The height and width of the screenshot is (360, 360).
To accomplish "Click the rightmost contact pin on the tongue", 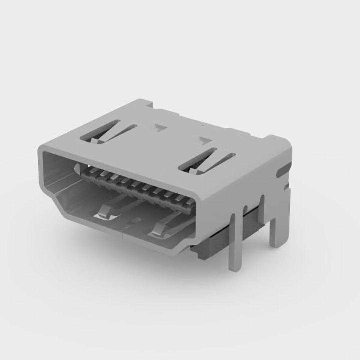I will point(189,202).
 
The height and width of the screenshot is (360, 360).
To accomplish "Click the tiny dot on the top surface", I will point(202,125).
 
